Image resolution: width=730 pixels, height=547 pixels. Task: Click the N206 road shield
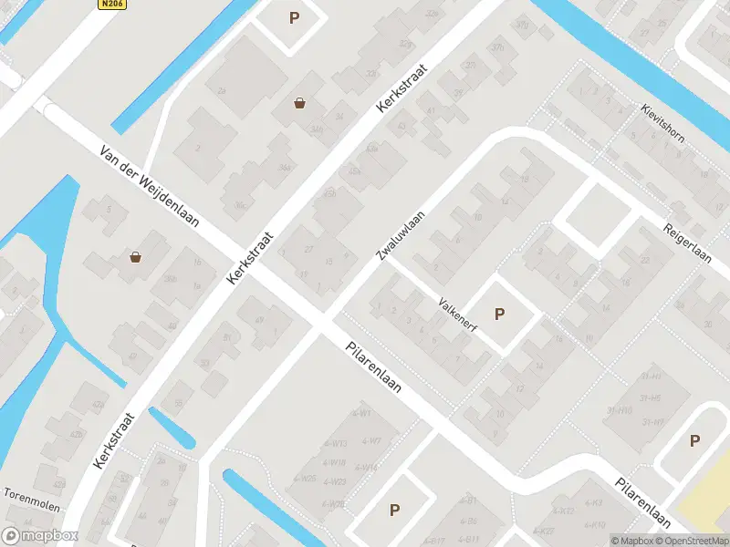(111, 5)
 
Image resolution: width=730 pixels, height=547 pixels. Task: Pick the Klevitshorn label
(663, 124)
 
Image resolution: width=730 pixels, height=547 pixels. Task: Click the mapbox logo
(40, 536)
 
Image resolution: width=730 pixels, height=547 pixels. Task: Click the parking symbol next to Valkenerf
(499, 315)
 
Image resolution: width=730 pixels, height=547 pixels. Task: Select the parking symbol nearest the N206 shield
(294, 17)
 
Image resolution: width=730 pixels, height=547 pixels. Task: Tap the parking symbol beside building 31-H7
(694, 441)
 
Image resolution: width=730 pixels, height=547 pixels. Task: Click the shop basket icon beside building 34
(299, 103)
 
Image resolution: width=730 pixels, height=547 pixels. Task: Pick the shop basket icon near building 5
(136, 257)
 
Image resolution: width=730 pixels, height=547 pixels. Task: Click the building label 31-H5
(651, 397)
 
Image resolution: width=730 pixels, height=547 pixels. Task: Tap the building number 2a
(222, 90)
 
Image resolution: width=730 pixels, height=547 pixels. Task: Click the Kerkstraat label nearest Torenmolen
(114, 441)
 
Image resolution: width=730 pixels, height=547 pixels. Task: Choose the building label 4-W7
(371, 440)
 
